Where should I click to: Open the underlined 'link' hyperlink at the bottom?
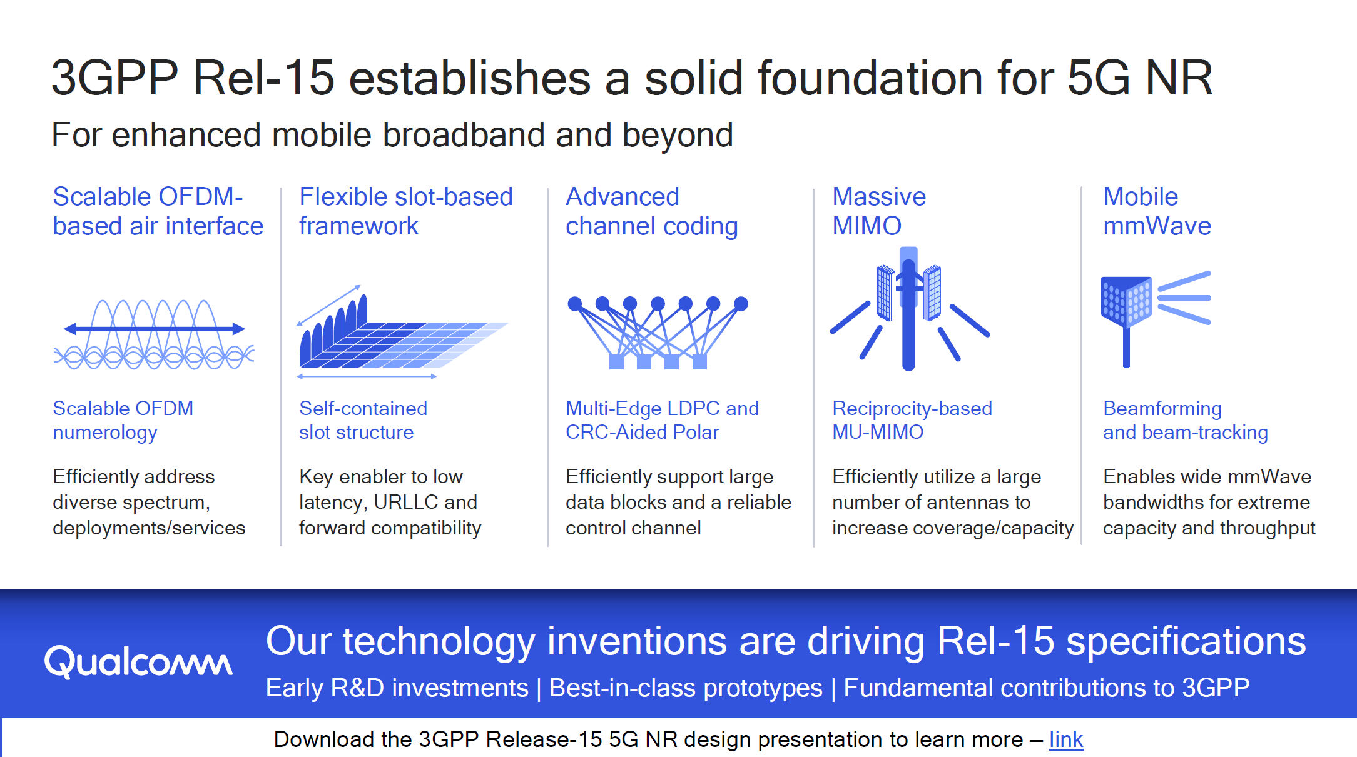click(1066, 739)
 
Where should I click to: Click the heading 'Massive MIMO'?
click(879, 211)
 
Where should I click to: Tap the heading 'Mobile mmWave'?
click(1157, 211)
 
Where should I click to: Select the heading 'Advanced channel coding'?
click(651, 211)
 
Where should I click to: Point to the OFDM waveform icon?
click(154, 334)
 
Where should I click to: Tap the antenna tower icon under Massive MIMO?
click(910, 309)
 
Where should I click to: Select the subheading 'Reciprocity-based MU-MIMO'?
click(912, 420)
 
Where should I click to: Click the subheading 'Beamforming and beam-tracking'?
click(1185, 420)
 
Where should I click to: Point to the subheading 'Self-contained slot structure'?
click(363, 420)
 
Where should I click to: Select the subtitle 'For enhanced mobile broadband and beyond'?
click(392, 134)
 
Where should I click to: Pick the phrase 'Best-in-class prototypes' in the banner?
click(685, 688)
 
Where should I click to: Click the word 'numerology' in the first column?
click(105, 433)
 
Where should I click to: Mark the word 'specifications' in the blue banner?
click(1186, 641)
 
